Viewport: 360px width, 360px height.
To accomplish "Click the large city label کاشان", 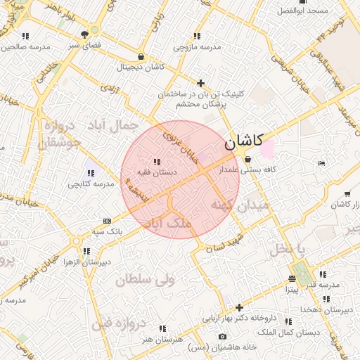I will (x=244, y=142).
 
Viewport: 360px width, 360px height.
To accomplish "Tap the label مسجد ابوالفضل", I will (x=302, y=11).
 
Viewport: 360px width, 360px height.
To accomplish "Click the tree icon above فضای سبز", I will (x=84, y=32).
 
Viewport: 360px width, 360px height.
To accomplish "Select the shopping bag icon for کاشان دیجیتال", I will (x=141, y=57).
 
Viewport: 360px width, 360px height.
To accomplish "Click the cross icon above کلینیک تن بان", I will (x=201, y=83).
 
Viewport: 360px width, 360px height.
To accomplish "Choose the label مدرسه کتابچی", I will (x=89, y=184).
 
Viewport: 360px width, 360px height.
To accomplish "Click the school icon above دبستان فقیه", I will (x=156, y=162).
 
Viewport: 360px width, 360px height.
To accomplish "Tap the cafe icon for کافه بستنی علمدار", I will (x=247, y=159).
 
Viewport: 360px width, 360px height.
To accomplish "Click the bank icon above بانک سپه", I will (x=106, y=220).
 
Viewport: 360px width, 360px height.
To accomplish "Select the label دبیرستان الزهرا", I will (x=86, y=262).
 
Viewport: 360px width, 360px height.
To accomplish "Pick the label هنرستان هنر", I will (x=162, y=339).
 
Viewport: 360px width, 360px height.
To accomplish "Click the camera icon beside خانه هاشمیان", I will (x=222, y=337).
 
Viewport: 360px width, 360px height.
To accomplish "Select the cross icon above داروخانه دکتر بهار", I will (x=240, y=307).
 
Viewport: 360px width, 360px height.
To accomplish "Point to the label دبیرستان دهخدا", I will (x=326, y=309).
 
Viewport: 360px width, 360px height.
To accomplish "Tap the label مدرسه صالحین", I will (x=26, y=47).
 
